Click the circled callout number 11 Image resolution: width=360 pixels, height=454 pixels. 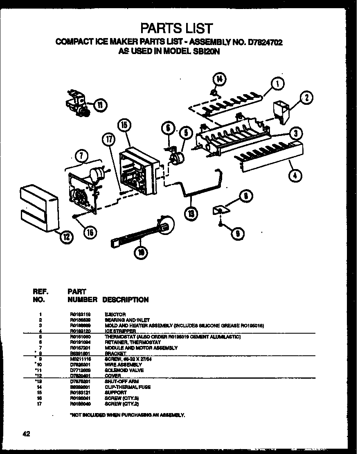(x=99, y=105)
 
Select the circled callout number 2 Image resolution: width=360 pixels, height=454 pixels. (x=306, y=97)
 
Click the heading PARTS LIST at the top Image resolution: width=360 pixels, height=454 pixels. (x=177, y=28)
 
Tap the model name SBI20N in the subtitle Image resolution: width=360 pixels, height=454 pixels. (x=204, y=52)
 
